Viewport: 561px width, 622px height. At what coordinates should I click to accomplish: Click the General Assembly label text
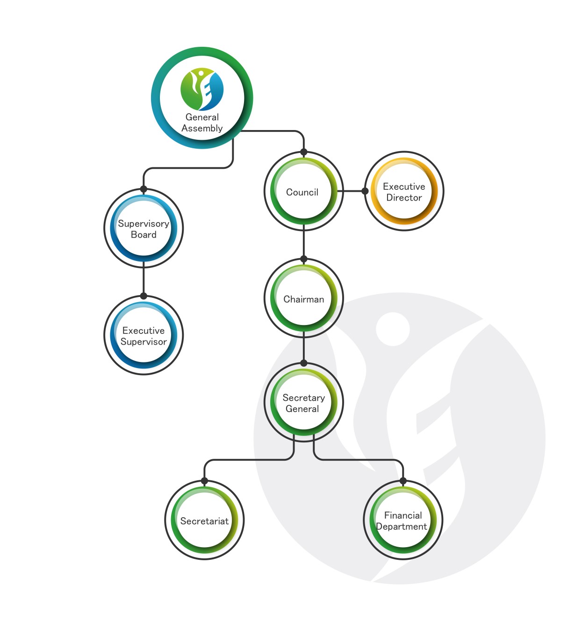pos(202,123)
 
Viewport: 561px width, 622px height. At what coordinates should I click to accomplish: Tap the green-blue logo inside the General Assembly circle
pos(202,89)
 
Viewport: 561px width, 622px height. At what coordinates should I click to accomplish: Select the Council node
pos(304,191)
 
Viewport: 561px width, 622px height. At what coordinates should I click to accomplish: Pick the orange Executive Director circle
pos(404,191)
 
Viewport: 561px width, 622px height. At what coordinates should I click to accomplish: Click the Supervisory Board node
pos(144,229)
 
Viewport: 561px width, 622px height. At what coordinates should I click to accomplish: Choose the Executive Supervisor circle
pos(144,335)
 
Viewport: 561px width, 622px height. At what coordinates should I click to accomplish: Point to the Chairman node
pos(304,298)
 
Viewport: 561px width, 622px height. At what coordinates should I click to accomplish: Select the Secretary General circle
pos(304,403)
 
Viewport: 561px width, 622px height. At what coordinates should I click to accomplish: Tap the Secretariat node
pos(205,521)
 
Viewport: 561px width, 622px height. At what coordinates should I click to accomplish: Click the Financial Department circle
pos(403,521)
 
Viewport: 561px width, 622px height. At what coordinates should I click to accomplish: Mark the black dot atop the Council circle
pos(304,152)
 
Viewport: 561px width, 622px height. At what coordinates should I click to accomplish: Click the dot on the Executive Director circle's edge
pos(365,191)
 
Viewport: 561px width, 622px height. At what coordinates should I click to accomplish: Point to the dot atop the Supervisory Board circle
pos(144,189)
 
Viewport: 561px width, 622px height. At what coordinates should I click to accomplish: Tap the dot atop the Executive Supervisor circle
pos(144,296)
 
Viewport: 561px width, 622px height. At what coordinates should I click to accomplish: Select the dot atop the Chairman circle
pos(304,259)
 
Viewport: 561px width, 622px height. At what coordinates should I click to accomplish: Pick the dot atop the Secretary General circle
pos(304,363)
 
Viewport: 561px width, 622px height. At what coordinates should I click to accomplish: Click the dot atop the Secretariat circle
pos(205,481)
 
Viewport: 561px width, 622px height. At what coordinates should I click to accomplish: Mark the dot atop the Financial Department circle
pos(403,481)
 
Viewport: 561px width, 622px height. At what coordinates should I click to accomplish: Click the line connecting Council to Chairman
pos(304,241)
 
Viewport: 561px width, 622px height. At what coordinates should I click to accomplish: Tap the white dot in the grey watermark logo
pos(393,329)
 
